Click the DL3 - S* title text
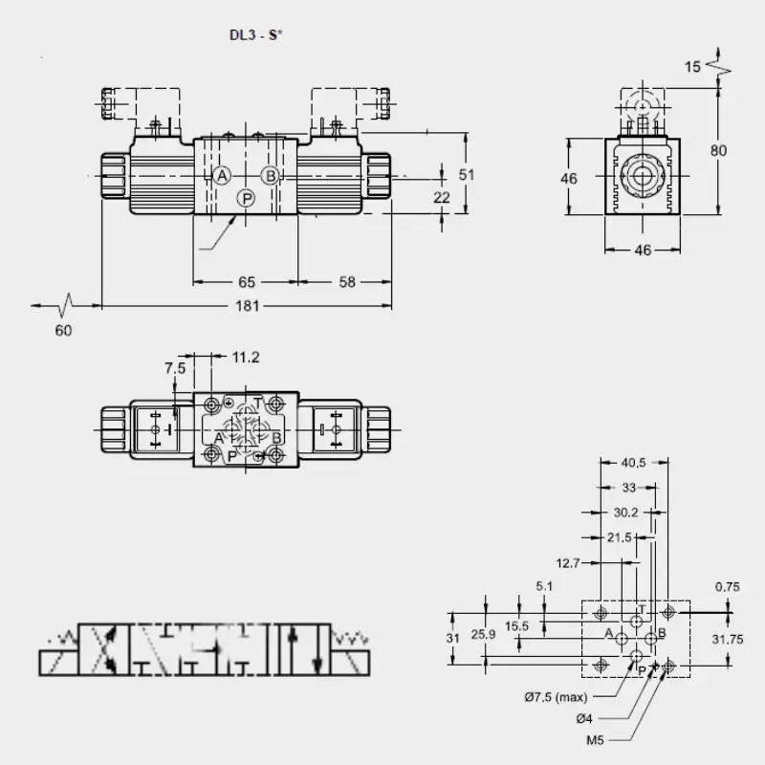click(256, 35)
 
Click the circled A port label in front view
click(222, 175)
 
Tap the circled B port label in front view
click(270, 175)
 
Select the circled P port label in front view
click(247, 199)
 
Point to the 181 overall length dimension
click(248, 306)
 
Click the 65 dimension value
click(247, 282)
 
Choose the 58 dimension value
click(347, 282)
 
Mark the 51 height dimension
click(467, 174)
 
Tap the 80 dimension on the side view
click(718, 150)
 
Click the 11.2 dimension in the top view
click(246, 357)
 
